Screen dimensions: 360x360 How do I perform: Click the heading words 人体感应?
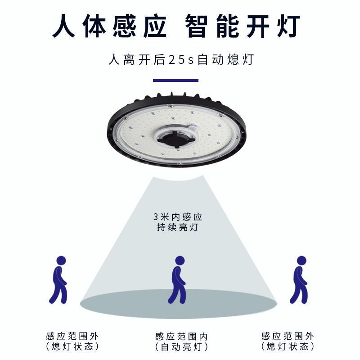pos(110,26)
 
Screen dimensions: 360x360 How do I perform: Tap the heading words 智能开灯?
pos(243,26)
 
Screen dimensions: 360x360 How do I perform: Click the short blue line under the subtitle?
pos(175,81)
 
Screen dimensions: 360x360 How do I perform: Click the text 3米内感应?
pos(175,216)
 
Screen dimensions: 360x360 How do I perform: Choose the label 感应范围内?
pos(181,336)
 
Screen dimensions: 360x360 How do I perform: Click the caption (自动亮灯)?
pos(181,347)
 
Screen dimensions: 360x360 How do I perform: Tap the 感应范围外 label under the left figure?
pos(72,336)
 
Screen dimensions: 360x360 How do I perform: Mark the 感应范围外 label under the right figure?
pos(288,336)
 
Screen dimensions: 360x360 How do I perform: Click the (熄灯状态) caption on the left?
pos(72,346)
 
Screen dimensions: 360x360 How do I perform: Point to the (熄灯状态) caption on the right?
pos(288,346)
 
